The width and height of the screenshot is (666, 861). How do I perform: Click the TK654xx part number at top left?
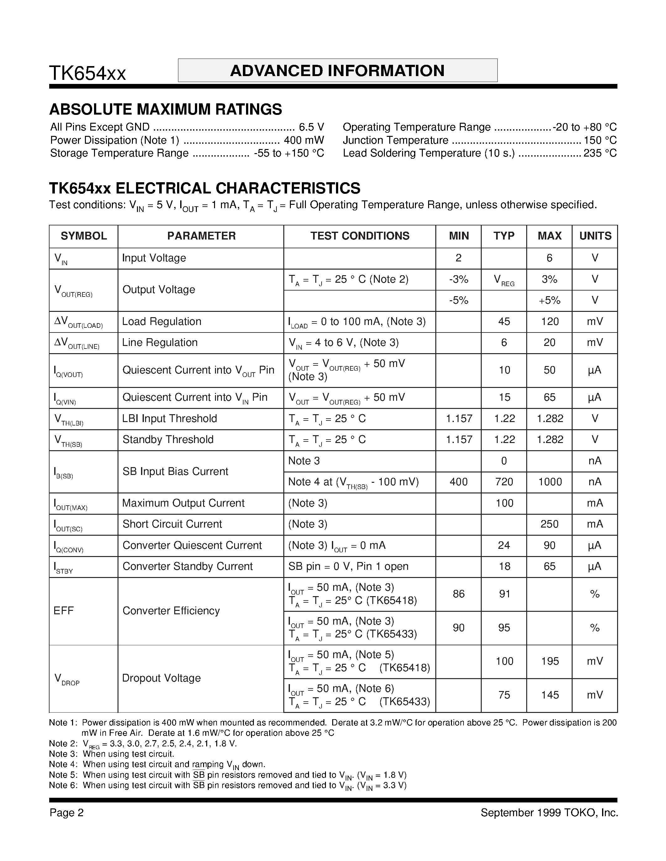87,74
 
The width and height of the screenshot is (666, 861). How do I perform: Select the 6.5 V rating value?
311,127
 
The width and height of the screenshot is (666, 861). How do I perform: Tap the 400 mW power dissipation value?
304,140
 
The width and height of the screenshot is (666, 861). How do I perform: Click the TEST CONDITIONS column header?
359,236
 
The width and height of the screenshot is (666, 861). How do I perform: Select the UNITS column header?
595,236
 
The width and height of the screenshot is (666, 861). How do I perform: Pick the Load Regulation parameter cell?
162,321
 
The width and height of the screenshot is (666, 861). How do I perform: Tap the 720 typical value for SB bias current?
504,482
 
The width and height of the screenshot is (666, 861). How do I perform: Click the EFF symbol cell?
64,611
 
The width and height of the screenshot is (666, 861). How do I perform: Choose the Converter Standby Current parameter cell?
187,566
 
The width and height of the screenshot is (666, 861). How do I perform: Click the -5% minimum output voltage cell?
459,300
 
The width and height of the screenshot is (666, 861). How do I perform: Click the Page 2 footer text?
67,813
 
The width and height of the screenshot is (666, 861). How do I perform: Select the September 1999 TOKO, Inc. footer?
549,813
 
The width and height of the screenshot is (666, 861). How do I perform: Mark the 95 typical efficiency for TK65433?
504,628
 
